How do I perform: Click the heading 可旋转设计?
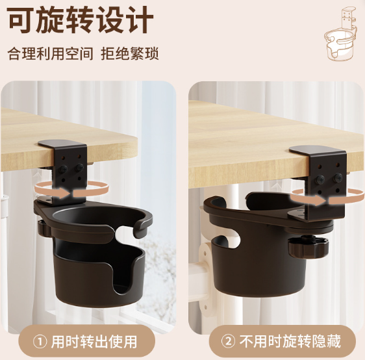81,20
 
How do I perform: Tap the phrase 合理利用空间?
50,54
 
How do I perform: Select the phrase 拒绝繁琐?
130,54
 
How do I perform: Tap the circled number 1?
40,342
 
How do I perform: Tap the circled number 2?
228,342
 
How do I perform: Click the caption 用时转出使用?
94,342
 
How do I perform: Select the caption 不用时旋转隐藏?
290,342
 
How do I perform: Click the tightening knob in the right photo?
308,247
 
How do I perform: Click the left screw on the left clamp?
63,168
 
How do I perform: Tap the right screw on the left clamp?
80,167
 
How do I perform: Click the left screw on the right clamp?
320,179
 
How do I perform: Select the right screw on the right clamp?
338,177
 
